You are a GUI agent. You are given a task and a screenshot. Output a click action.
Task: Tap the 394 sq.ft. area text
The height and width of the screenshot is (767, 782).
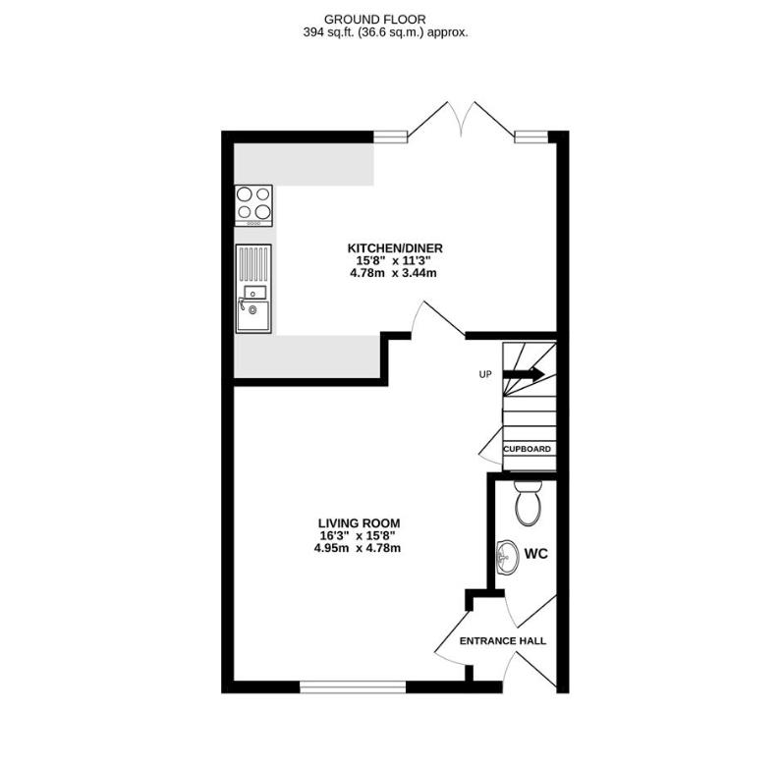tap(385, 31)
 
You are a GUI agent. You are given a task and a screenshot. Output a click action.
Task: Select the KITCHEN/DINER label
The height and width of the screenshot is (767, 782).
tap(394, 247)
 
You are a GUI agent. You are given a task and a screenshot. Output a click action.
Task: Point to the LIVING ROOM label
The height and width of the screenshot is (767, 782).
tap(359, 522)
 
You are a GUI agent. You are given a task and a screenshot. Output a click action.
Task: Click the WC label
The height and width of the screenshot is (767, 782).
tap(535, 554)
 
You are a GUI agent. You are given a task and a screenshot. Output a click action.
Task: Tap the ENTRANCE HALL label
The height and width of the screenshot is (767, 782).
tap(503, 641)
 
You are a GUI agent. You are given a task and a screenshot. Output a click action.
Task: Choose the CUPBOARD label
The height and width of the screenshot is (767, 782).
tap(528, 449)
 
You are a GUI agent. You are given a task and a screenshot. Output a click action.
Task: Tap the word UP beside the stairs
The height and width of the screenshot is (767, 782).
tap(484, 374)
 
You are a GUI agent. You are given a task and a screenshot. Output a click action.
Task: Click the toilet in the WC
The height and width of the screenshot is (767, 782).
tap(529, 507)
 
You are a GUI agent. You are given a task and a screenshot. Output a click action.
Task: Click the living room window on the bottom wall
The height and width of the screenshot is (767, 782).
tap(352, 686)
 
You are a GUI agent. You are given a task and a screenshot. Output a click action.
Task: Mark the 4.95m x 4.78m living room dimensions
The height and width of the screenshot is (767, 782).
tap(359, 548)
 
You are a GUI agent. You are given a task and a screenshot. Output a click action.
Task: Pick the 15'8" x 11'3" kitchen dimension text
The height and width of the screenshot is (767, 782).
tap(394, 260)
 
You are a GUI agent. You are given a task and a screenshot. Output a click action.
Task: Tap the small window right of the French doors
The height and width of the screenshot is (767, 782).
tap(531, 137)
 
